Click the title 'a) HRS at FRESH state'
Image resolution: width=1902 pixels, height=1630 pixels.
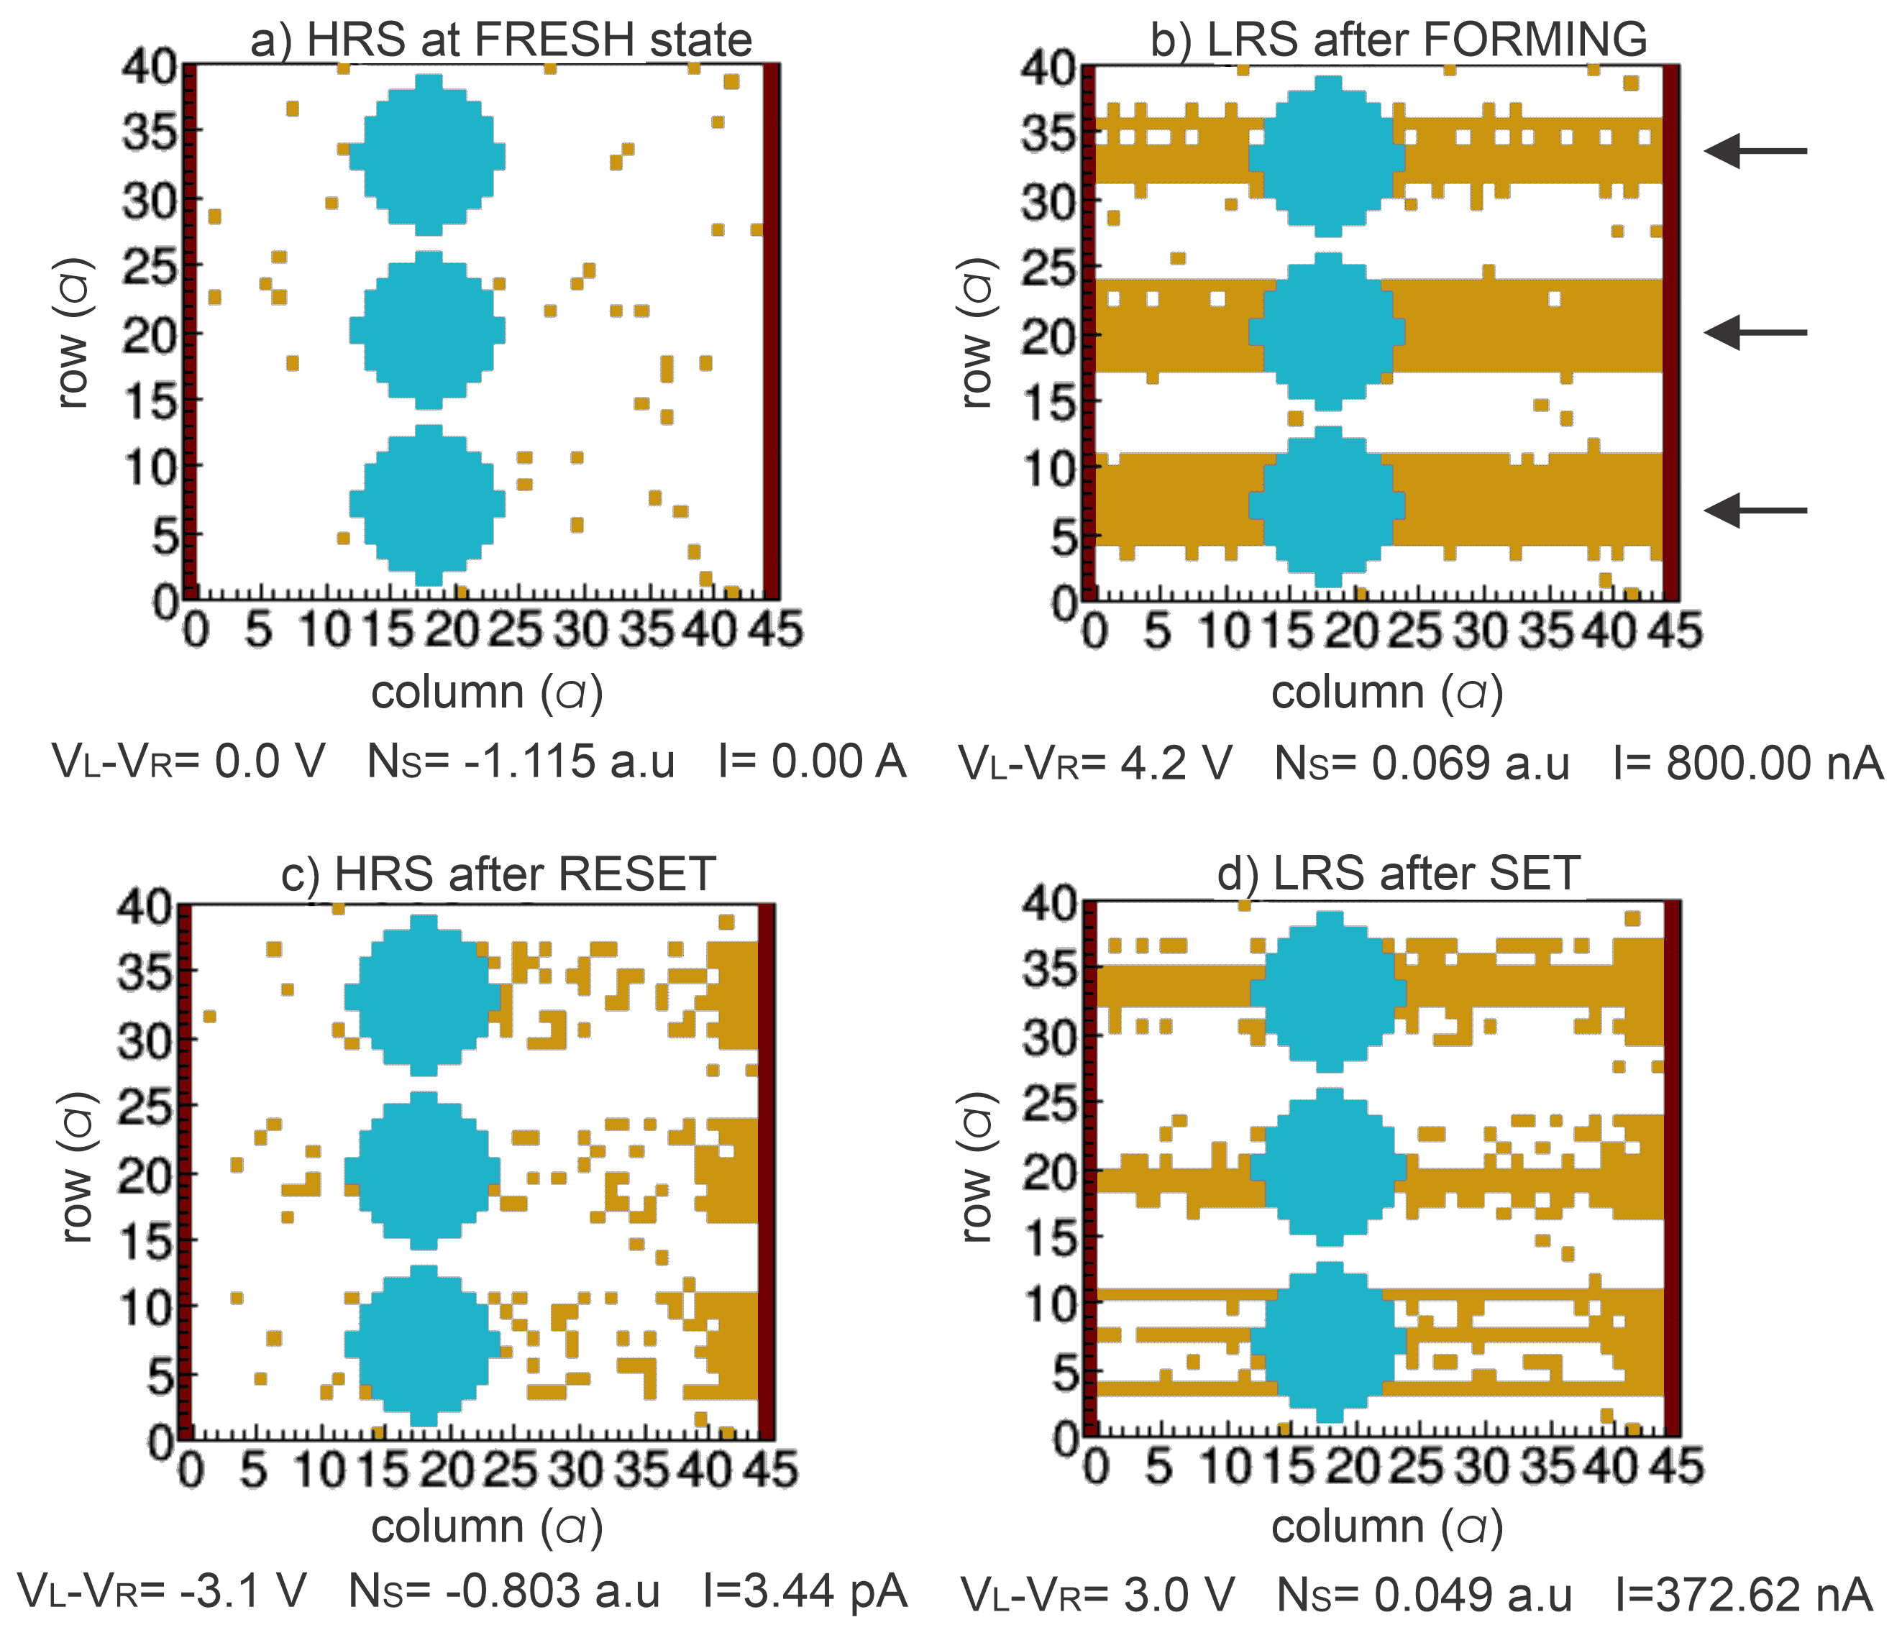click(x=501, y=40)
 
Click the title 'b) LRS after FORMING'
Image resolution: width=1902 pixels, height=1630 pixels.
click(x=1399, y=40)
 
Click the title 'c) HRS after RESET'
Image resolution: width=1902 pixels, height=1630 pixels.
click(x=498, y=873)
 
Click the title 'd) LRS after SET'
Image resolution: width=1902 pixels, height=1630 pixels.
click(x=1399, y=873)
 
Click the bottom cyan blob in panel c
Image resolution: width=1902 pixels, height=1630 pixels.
click(x=422, y=1345)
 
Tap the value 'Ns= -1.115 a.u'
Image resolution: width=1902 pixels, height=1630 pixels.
click(x=521, y=761)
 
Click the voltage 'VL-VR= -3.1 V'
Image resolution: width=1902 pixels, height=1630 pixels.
click(x=163, y=1590)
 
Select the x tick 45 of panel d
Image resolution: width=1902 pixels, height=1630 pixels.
click(x=1676, y=1466)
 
